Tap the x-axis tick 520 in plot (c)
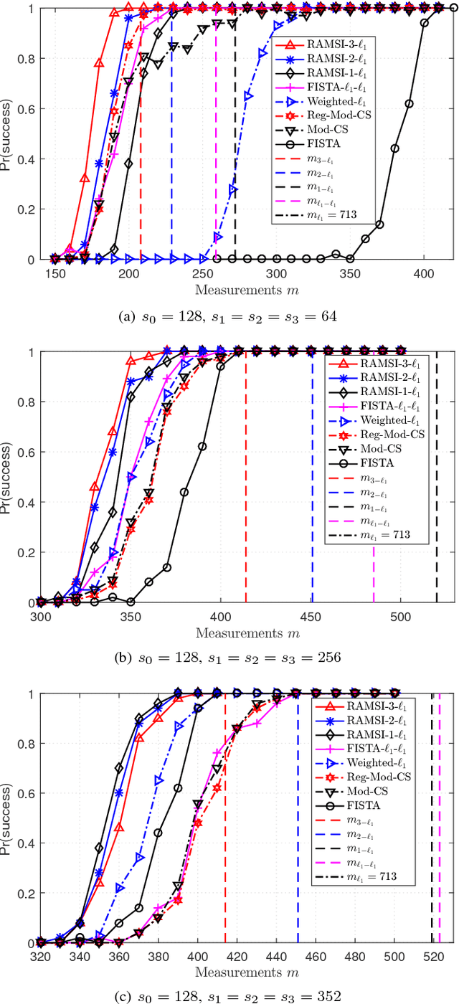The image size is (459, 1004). (433, 959)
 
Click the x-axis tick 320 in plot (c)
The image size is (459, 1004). (40, 959)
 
